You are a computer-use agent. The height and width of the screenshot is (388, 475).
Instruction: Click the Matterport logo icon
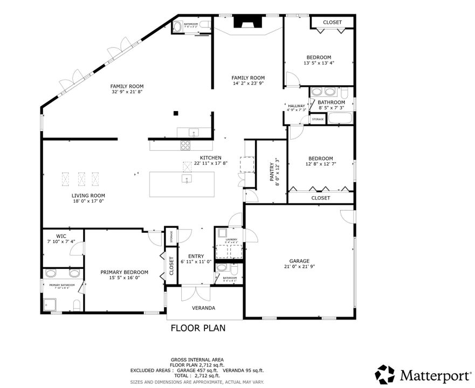point(385,374)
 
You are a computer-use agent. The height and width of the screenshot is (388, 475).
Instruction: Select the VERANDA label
point(204,308)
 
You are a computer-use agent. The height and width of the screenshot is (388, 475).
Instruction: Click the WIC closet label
point(61,236)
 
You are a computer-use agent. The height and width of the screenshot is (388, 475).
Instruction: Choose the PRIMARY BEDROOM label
point(124,272)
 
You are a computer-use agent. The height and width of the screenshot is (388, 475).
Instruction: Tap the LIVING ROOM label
point(88,196)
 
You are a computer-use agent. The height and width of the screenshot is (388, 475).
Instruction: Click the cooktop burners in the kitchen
point(185,144)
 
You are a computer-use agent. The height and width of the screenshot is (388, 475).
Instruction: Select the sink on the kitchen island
point(187,179)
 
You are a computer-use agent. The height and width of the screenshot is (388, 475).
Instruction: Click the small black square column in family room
point(176,113)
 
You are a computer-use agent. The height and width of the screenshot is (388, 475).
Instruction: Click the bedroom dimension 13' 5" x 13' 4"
point(319,63)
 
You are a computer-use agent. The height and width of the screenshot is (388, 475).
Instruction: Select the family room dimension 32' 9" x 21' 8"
point(127,92)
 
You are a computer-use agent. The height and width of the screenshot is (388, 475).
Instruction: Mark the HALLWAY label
point(297,106)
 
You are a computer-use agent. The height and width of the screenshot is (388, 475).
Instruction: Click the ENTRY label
point(196,257)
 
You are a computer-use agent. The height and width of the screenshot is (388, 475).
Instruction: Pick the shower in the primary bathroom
point(53,306)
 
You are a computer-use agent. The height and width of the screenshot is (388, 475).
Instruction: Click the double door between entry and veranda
point(194,293)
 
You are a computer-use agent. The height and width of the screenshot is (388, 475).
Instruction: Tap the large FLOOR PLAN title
point(198,328)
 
